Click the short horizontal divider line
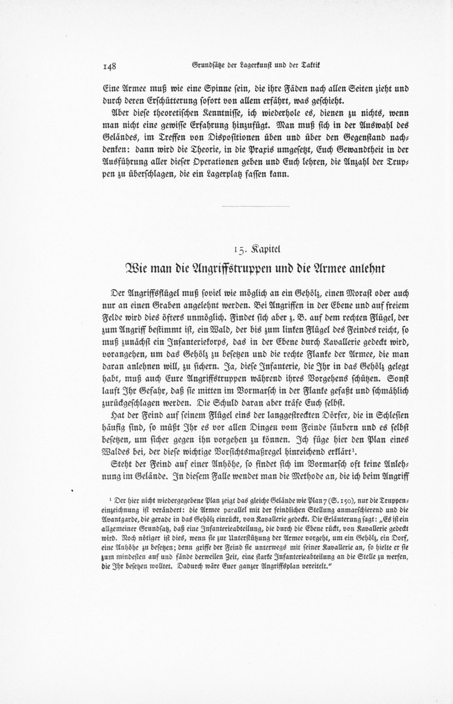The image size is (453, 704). [x=255, y=206]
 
